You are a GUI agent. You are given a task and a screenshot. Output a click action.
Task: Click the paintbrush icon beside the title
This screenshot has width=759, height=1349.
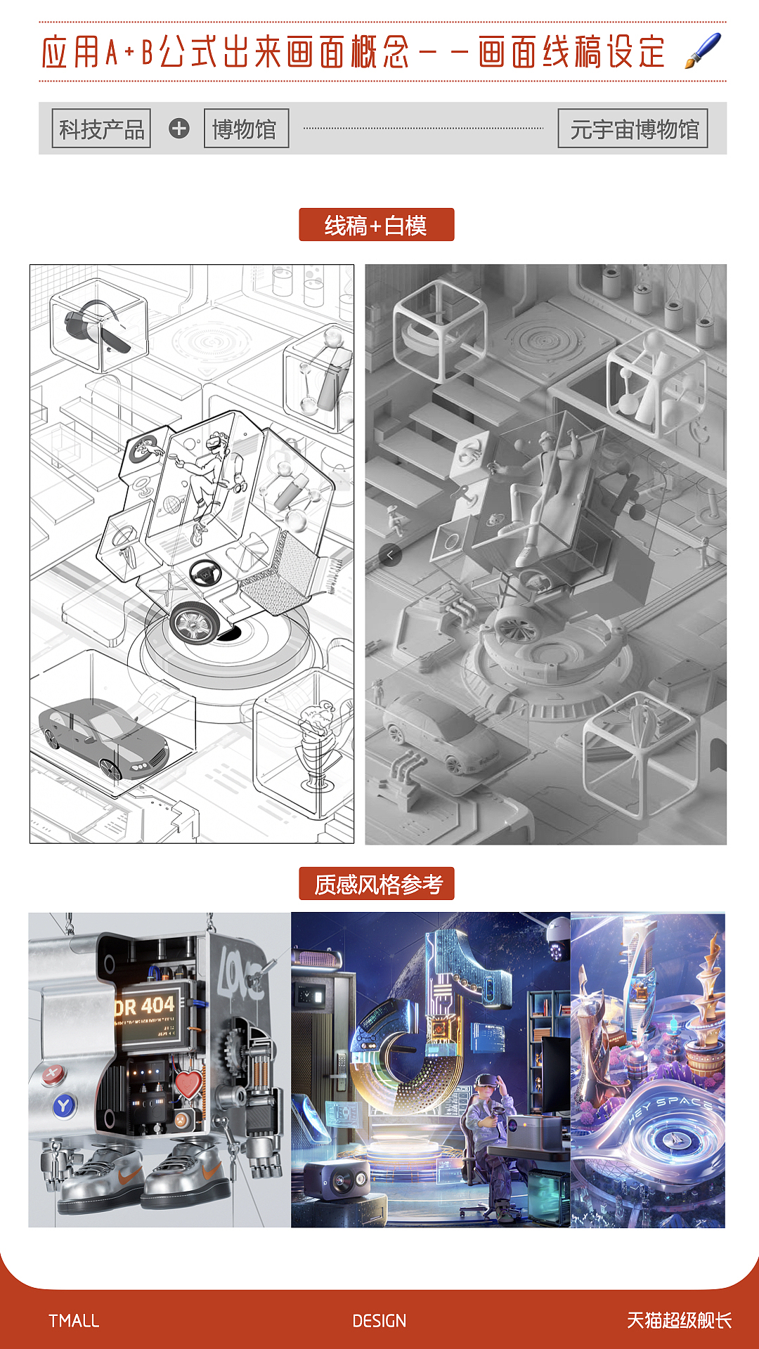coord(703,51)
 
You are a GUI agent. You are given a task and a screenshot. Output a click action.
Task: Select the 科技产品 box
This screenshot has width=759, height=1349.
coord(101,129)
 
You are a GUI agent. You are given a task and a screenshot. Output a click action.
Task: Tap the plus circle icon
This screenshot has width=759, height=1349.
coord(179,129)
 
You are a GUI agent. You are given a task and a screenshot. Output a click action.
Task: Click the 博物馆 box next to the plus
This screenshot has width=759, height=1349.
coord(246,129)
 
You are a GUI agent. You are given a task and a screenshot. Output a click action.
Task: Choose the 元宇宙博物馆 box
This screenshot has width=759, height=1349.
coord(632,129)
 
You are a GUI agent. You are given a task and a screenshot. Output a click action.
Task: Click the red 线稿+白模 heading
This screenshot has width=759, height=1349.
coord(376,225)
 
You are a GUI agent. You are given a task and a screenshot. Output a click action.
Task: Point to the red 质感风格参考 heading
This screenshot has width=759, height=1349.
coord(376,884)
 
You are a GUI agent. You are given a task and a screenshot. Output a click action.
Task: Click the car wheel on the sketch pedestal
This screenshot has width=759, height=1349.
coord(195,622)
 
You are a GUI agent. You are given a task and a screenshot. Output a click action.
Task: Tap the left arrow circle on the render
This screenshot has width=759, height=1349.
coord(390,555)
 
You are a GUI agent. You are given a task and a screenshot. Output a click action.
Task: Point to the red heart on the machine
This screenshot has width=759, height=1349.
coord(188,1084)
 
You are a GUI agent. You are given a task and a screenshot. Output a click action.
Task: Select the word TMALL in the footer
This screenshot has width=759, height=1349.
coord(74,1321)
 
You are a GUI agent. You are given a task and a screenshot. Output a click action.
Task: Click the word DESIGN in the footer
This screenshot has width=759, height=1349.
coord(379,1321)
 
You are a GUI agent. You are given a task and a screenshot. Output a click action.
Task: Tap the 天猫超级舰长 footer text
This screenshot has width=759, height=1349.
coord(679,1321)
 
